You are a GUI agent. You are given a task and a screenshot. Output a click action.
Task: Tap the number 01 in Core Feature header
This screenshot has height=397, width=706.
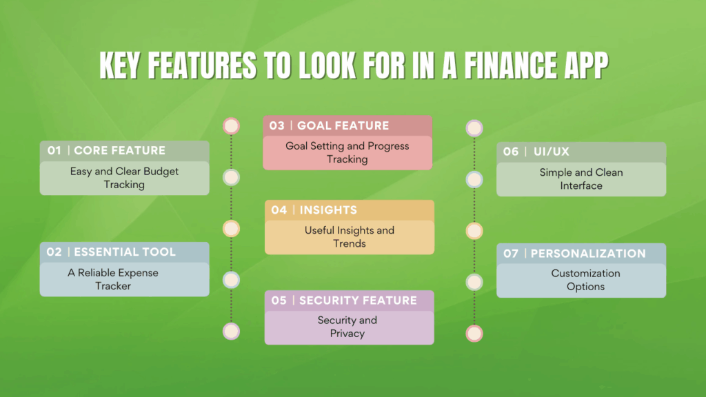pyautogui.click(x=54, y=150)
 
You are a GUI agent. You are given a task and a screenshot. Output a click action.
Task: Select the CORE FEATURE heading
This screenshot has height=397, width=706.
pyautogui.click(x=119, y=150)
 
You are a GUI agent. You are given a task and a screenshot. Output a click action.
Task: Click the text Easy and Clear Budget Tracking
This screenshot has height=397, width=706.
pyautogui.click(x=124, y=178)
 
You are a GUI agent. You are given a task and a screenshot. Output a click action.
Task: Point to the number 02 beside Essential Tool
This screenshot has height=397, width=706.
pyautogui.click(x=54, y=252)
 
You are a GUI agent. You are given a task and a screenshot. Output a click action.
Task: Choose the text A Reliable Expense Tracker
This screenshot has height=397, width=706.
pyautogui.click(x=113, y=279)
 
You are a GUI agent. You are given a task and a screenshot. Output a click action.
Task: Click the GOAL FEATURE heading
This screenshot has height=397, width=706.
pyautogui.click(x=343, y=125)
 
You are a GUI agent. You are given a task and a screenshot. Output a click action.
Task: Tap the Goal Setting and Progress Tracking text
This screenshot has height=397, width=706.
pyautogui.click(x=347, y=152)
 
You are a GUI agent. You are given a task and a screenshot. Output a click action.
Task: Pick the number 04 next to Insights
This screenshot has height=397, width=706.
pyautogui.click(x=279, y=210)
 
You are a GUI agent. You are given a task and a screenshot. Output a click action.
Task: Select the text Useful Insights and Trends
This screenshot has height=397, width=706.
pyautogui.click(x=350, y=236)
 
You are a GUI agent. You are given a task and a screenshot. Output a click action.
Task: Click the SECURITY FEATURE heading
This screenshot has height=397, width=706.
pyautogui.click(x=358, y=301)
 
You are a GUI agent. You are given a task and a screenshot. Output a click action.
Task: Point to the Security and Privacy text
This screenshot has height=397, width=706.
pyautogui.click(x=347, y=327)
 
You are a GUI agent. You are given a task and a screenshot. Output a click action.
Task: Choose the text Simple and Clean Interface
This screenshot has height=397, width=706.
pyautogui.click(x=581, y=179)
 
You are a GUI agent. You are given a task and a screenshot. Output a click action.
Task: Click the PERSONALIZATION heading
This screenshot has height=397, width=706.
pyautogui.click(x=588, y=253)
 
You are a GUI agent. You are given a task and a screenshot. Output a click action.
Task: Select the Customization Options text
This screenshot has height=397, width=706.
pyautogui.click(x=586, y=280)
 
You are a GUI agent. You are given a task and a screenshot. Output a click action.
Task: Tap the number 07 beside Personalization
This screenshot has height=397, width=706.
pyautogui.click(x=511, y=253)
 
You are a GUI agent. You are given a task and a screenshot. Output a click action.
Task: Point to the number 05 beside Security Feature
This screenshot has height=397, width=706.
pyautogui.click(x=279, y=301)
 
